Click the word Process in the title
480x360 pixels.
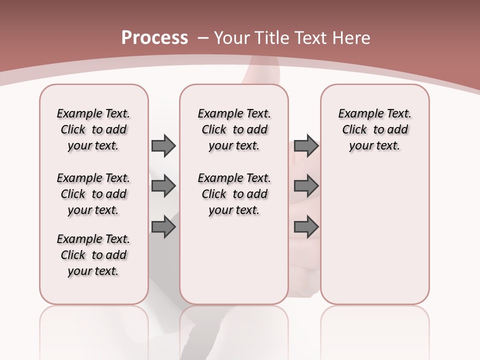154,38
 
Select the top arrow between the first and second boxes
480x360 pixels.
163,145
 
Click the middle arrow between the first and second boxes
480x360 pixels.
163,186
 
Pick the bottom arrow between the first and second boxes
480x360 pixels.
163,227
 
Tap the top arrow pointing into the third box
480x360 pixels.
306,145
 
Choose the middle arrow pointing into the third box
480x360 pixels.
306,186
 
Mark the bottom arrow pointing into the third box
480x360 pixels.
306,227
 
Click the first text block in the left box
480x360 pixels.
93,129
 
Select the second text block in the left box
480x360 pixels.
93,194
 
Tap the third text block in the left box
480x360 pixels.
93,255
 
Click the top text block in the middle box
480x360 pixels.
234,129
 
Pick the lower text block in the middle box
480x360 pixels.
234,194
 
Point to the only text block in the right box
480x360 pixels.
374,129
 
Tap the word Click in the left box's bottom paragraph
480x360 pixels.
73,255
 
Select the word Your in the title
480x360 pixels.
229,38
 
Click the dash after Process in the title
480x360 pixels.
202,38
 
